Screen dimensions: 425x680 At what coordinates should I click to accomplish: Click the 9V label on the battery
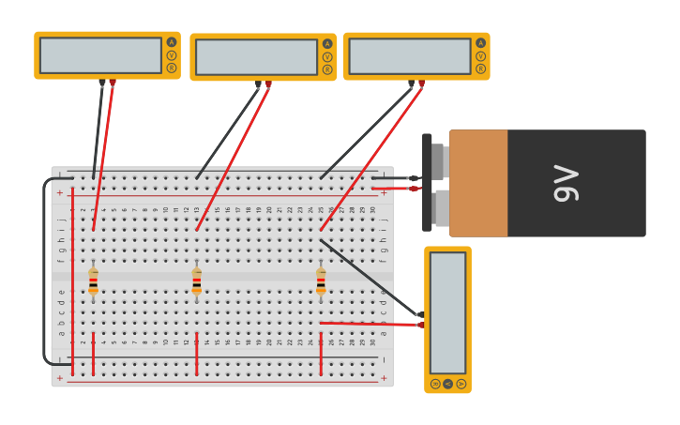566,183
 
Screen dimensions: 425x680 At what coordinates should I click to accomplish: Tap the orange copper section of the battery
478,183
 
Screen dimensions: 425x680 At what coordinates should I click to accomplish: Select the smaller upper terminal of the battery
438,161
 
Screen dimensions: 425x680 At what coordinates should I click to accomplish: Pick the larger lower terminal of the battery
442,207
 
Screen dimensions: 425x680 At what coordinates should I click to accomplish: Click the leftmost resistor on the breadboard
93,280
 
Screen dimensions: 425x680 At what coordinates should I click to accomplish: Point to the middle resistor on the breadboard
196,280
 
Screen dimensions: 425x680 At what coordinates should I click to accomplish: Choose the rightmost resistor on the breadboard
321,280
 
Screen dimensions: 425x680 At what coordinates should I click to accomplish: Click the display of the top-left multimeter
100,55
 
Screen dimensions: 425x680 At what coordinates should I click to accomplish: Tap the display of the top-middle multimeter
256,57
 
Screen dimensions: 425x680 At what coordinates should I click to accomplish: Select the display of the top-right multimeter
409,56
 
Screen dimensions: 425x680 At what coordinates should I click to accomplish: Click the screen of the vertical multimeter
447,312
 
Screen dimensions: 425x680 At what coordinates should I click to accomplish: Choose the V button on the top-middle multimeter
327,57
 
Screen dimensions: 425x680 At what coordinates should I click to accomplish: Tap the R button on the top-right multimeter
480,68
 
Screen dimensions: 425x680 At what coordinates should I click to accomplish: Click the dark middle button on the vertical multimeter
447,384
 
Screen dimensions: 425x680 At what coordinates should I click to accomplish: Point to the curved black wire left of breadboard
43,272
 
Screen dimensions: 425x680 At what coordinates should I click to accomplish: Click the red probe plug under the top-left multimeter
113,83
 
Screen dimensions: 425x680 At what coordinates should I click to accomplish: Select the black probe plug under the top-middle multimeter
258,84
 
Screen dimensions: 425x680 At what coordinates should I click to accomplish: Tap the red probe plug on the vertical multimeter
420,325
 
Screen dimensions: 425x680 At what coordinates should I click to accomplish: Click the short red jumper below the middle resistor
196,353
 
